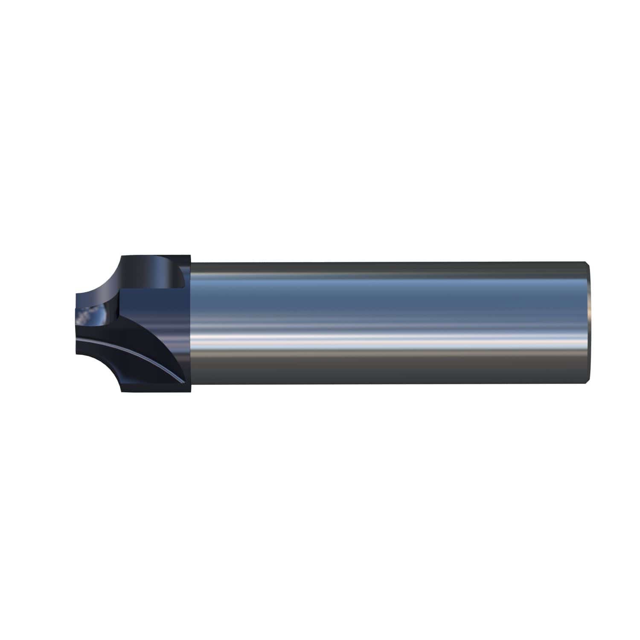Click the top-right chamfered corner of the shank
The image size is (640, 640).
[589, 264]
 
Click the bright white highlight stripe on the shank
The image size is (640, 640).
[384, 337]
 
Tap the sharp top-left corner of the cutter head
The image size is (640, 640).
[122, 256]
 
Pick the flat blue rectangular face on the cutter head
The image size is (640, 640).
[154, 307]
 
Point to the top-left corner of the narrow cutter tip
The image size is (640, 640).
[76, 294]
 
